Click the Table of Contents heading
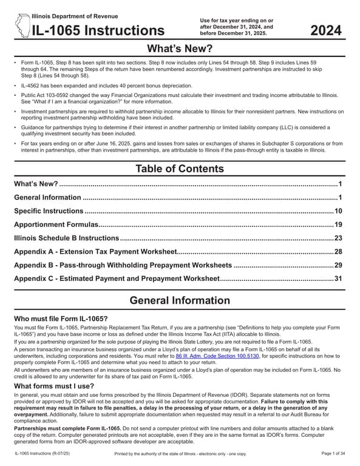coord(180,168)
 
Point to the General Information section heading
coord(180,300)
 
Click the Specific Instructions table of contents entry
coord(49,211)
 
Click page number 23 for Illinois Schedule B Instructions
coord(338,238)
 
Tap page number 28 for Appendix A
coord(338,252)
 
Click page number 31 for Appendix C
coord(338,279)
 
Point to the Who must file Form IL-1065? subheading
coord(61,319)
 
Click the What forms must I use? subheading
coord(54,386)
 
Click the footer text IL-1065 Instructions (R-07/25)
coord(46,454)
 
